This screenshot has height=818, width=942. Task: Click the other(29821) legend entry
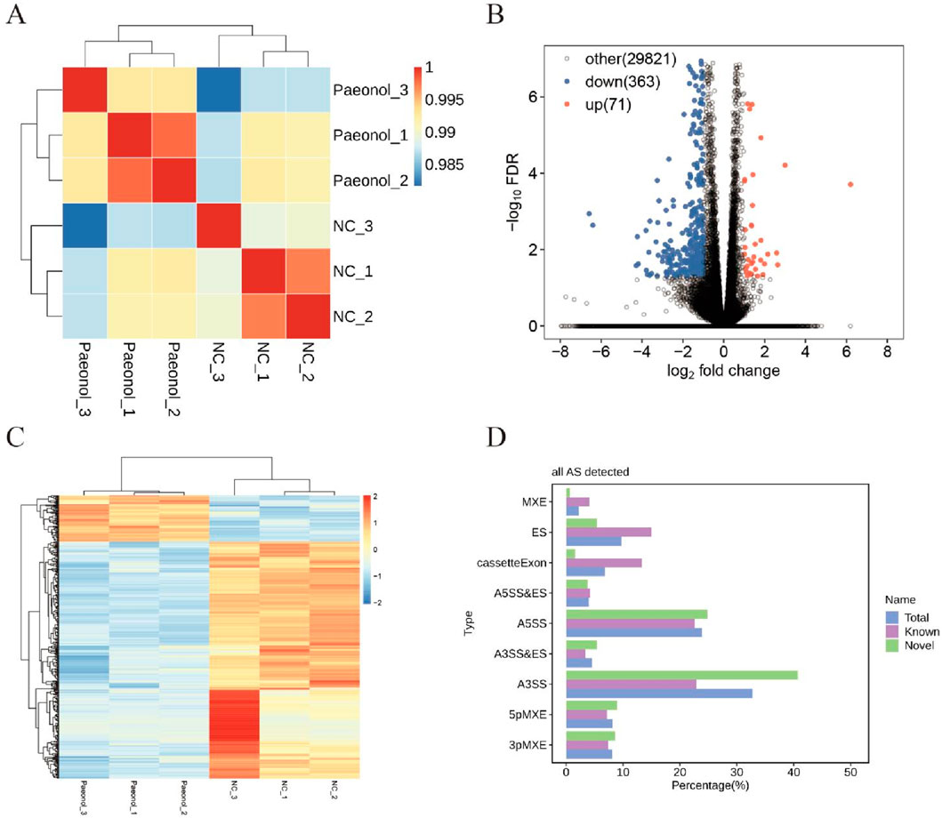tap(631, 60)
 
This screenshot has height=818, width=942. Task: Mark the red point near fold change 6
tap(850, 184)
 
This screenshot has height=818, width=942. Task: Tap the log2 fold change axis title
tap(724, 370)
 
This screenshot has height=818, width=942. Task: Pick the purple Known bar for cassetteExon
tap(604, 562)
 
